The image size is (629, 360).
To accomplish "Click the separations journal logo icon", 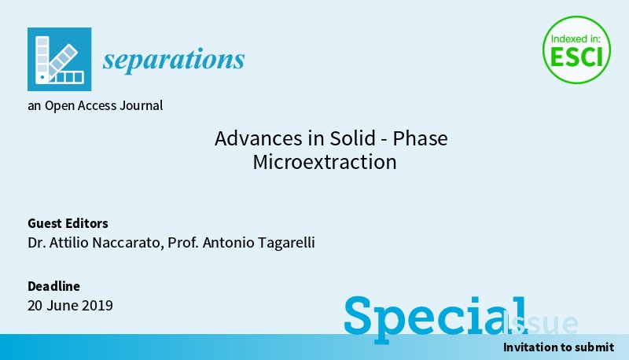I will point(59,59).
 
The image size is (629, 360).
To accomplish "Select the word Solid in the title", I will point(351,139).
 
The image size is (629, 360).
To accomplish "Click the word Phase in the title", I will point(420,139).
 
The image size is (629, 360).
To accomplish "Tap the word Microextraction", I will point(325,163).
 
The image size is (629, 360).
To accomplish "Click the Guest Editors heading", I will point(68,223).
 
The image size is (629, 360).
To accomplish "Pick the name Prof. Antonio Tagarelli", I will point(247,243).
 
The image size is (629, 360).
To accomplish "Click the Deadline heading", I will point(53,286).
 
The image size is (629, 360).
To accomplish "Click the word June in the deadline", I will point(64,305).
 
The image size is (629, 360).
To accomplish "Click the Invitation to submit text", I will point(558,347).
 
